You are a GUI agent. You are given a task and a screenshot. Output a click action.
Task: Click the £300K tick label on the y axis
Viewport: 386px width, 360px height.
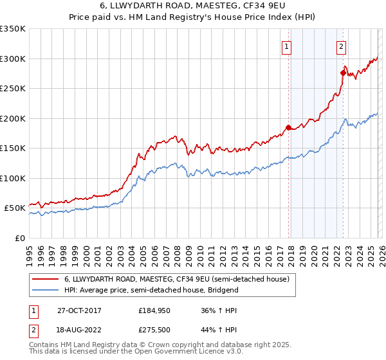pos(13,59)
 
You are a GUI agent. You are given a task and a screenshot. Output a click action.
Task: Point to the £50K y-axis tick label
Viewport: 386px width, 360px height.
pos(15,208)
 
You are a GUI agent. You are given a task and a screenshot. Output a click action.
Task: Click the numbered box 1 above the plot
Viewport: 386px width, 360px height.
pos(286,46)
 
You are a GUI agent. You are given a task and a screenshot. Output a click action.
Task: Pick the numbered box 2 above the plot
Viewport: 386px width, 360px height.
pos(340,46)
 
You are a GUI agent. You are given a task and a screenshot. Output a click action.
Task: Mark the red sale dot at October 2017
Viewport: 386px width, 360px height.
pos(288,127)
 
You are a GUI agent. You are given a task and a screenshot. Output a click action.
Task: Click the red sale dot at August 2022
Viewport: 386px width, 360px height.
pos(343,73)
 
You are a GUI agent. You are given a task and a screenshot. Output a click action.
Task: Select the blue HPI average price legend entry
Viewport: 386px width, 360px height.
pos(151,290)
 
